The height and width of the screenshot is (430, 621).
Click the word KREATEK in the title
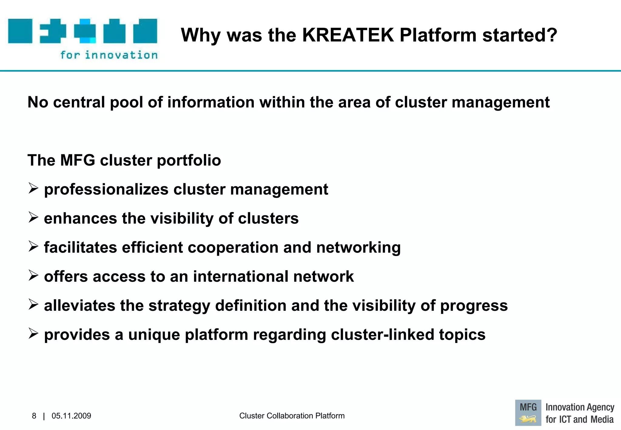tap(348, 35)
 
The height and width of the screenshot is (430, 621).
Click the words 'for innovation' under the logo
tap(109, 55)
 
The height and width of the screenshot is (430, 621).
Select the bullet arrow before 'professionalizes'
tap(33, 188)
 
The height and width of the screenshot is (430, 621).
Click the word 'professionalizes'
tap(106, 190)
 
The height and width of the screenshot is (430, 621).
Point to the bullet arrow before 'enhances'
tap(33, 217)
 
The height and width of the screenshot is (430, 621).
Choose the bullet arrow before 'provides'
tap(33, 334)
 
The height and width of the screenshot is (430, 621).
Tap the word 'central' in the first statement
tap(79, 102)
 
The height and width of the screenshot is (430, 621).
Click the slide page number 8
tap(34, 416)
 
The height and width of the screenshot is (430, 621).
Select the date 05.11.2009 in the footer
tap(71, 416)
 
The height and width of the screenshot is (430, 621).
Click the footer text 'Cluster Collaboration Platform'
tap(292, 416)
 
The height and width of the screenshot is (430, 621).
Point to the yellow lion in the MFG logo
tap(528, 419)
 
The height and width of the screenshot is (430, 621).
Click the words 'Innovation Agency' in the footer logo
tap(580, 407)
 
